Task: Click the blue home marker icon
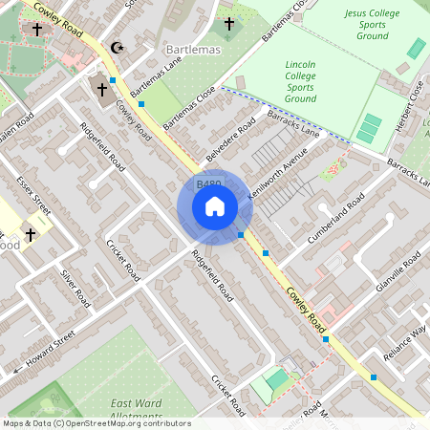coord(215,206)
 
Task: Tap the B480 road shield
coord(208,183)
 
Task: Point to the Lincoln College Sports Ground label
coord(300,80)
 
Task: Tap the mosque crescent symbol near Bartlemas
coord(118,47)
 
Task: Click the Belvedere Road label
coord(230,140)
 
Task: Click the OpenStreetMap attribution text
coord(97,423)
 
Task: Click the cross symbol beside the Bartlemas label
coord(228,23)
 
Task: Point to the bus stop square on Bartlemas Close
coord(141,103)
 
